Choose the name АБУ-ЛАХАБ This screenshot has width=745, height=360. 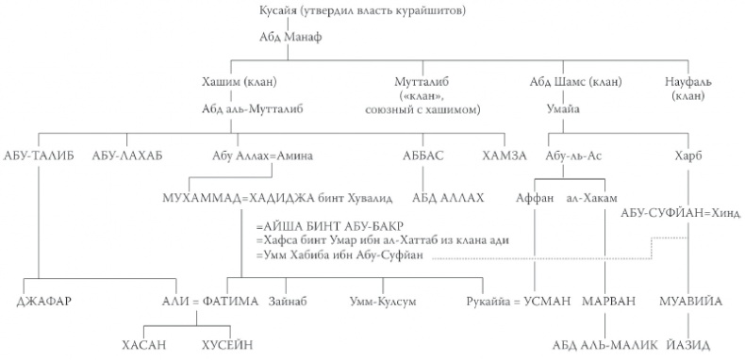126,155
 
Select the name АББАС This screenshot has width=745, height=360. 423,155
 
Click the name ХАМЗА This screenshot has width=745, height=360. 503,155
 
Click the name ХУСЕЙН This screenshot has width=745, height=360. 227,345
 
